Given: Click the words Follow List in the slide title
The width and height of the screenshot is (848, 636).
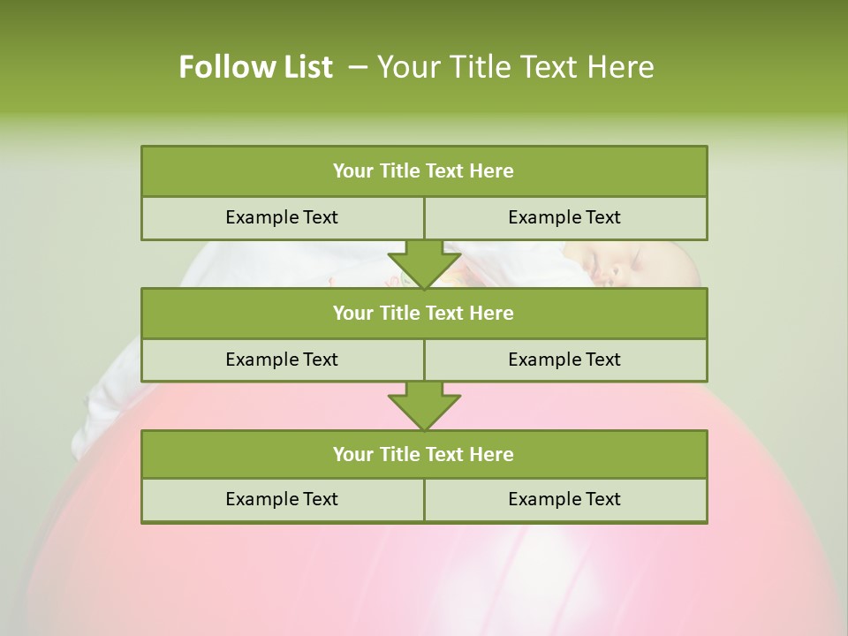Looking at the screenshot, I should point(255,67).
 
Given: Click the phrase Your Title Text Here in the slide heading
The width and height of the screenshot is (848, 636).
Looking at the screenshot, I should point(516,67).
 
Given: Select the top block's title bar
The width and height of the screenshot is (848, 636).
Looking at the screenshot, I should point(424,171).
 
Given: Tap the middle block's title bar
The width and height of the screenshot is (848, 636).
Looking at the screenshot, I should point(424,314).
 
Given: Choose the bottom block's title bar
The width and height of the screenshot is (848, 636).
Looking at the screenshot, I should point(424,455).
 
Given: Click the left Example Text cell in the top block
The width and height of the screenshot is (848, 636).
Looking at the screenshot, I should point(282,218).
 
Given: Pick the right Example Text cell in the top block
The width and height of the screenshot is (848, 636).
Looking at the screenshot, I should point(565,218).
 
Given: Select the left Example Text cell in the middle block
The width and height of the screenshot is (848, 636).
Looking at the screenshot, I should point(282,360).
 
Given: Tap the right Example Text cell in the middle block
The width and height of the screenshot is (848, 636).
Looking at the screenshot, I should point(565,360).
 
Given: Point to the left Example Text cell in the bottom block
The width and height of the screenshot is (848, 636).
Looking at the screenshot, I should point(282,500).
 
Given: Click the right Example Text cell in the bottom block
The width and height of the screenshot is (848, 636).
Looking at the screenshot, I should point(565,500).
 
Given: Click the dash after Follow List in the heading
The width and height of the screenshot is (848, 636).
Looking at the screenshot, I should point(359,67).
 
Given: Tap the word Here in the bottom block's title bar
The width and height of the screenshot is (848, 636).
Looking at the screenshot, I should point(491,455).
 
